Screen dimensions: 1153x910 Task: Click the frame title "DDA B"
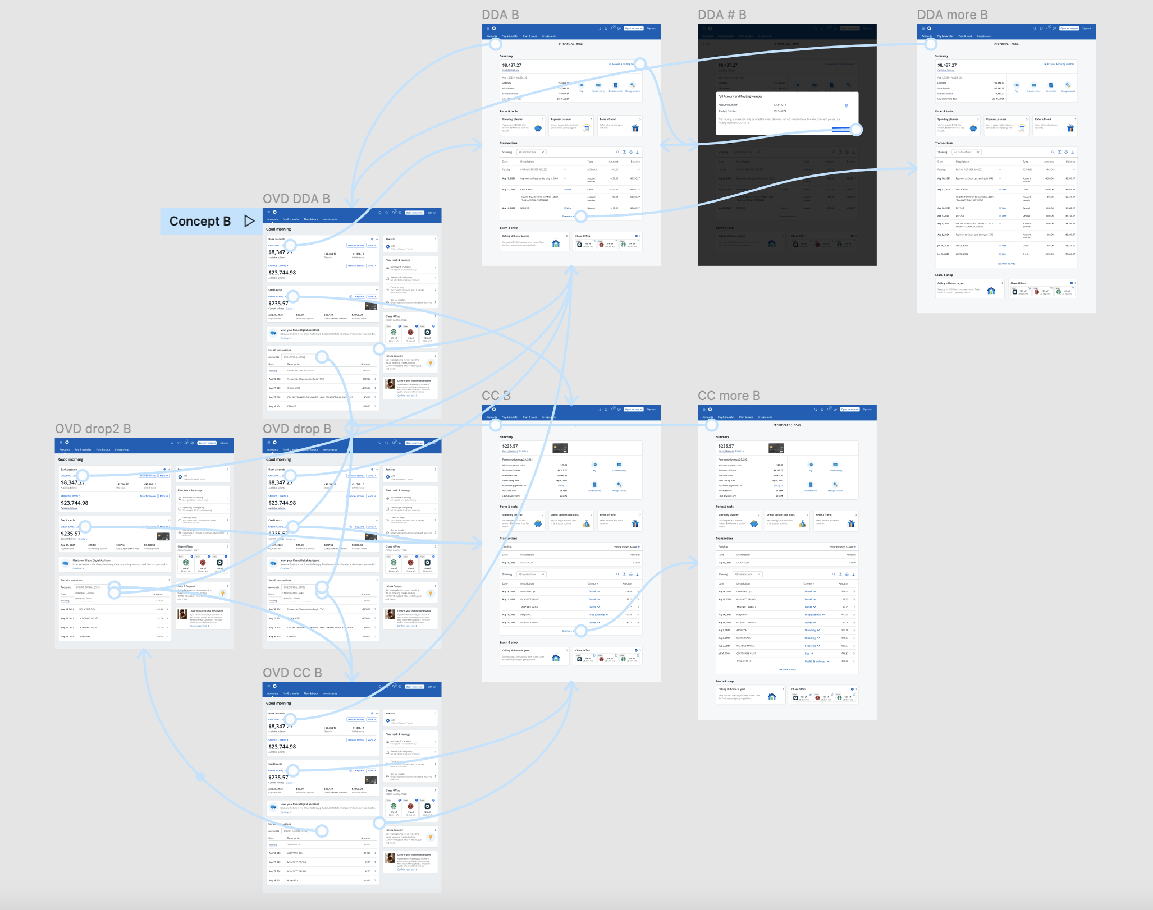tap(500, 15)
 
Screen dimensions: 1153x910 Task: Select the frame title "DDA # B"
tap(722, 15)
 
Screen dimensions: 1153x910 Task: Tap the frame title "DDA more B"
tap(952, 15)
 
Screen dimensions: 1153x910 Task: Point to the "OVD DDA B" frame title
tap(296, 199)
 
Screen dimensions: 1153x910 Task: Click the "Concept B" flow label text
tap(200, 222)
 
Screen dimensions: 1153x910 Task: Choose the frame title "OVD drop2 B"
tap(93, 429)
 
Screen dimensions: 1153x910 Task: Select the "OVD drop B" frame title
tap(296, 429)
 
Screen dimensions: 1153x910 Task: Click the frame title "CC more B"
tap(729, 396)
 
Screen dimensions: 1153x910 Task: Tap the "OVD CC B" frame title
tap(292, 673)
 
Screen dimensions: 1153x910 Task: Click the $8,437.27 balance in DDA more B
tap(947, 65)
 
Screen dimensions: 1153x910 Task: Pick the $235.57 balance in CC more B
tap(726, 447)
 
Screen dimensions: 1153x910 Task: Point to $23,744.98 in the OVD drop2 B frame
tap(74, 503)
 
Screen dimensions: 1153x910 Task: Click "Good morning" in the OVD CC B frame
tap(278, 703)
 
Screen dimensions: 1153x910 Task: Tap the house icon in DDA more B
tap(991, 291)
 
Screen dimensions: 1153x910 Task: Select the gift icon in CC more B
tap(851, 523)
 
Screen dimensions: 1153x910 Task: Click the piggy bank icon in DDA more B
tap(973, 128)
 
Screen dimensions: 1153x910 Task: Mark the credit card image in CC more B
tap(776, 448)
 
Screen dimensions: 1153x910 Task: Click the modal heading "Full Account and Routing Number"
tap(740, 96)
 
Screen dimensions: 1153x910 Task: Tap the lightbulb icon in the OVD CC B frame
tap(431, 838)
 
